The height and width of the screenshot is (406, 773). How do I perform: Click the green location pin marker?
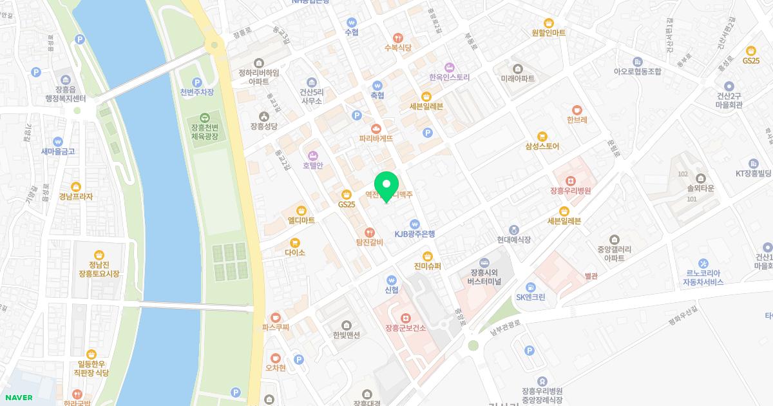[386, 186]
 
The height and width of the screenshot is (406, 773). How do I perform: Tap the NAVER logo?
[17, 398]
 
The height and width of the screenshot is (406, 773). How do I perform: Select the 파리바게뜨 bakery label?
[376, 138]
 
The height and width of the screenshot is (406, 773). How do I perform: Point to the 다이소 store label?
[294, 253]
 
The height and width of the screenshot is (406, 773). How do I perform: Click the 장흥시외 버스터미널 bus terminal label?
[484, 277]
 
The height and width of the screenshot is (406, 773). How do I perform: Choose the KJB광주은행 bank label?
[415, 234]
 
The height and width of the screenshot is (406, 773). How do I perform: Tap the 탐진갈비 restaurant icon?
[370, 232]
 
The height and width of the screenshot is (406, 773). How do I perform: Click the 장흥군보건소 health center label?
[405, 327]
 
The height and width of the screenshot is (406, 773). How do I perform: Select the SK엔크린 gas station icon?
[530, 287]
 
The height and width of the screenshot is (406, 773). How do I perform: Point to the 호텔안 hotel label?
[312, 165]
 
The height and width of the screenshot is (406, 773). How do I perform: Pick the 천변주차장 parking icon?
[197, 82]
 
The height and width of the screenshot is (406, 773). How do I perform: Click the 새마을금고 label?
[58, 151]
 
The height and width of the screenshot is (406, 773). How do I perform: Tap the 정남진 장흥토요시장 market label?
[99, 269]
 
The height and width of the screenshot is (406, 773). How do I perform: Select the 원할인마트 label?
[549, 32]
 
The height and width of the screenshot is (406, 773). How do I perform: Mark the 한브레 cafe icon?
[577, 110]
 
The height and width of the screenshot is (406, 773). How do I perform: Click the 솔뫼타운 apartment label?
[701, 188]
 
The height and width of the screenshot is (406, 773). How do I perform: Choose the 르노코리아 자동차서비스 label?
[703, 277]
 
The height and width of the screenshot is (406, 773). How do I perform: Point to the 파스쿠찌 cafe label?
[276, 327]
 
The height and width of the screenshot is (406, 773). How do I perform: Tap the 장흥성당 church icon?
[263, 116]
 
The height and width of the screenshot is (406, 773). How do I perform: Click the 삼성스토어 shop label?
[542, 146]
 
